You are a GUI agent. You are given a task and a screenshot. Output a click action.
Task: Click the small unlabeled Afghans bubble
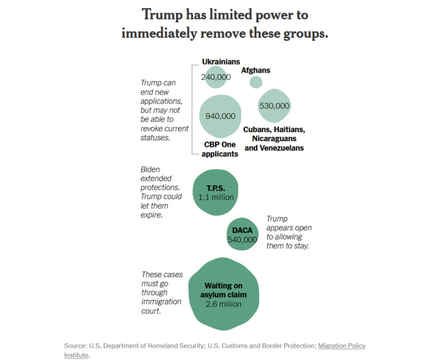pos(255,82)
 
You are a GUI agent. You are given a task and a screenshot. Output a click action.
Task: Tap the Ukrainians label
pos(221,62)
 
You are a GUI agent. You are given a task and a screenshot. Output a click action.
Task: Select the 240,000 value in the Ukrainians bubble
pos(216,77)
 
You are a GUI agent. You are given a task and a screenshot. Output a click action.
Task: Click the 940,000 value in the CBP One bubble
pos(220,116)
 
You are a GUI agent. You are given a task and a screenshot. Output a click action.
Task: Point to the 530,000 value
pos(274,106)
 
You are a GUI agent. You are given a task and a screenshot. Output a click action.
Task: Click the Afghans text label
pos(255,70)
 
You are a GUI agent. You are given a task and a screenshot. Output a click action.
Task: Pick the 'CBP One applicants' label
pos(219,149)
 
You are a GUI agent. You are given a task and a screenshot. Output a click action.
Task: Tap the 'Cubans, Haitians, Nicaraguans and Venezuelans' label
pos(274,139)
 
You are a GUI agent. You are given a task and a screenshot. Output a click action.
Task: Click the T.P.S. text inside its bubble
pos(216,189)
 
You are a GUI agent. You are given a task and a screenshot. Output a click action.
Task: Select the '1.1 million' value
pos(216,198)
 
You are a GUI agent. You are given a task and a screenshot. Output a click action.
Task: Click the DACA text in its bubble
pos(242,230)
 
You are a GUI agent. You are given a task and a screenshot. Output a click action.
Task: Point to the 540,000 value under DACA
pos(242,240)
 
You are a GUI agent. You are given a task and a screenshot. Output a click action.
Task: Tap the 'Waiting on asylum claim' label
pos(223,290)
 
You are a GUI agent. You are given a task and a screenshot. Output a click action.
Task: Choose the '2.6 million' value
pos(223,304)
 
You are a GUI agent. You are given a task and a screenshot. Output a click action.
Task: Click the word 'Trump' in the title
pos(163,15)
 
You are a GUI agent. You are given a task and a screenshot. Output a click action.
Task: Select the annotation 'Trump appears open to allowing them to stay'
pos(289,232)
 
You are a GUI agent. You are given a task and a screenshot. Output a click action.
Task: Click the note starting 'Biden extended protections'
pos(161,192)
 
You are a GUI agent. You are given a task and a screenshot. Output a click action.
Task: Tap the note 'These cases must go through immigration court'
pos(162,293)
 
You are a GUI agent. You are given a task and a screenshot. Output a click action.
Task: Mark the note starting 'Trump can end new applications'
pos(164,110)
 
